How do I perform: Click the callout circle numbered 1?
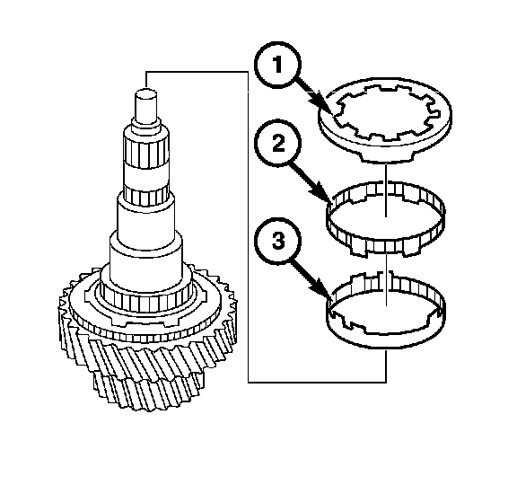(277, 65)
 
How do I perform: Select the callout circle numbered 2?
(277, 145)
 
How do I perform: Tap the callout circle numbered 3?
(277, 241)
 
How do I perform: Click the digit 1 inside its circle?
(277, 65)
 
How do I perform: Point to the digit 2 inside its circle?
(278, 144)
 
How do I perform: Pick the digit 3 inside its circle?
(278, 240)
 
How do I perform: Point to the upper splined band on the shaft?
(145, 152)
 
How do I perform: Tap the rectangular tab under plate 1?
(388, 155)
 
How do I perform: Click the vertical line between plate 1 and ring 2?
(385, 190)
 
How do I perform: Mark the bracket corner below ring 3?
(385, 382)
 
